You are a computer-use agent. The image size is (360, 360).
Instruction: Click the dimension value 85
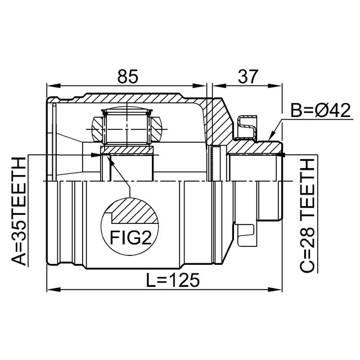click(128, 76)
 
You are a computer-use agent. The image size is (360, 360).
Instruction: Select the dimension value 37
click(248, 76)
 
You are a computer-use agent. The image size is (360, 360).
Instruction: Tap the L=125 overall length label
click(173, 280)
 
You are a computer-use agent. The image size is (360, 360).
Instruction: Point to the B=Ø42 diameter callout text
click(321, 110)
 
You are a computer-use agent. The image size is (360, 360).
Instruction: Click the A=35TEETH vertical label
click(19, 211)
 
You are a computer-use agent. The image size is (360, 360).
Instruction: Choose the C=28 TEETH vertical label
click(307, 215)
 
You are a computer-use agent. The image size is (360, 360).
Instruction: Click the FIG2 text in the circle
click(131, 237)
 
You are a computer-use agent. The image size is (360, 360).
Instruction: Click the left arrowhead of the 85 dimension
click(53, 86)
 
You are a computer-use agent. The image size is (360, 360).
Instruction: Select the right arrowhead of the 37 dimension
click(274, 86)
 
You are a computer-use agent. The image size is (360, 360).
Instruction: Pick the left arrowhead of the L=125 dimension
click(53, 289)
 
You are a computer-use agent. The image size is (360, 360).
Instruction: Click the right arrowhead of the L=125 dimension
click(274, 289)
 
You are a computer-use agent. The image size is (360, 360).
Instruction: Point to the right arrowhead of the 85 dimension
click(199, 86)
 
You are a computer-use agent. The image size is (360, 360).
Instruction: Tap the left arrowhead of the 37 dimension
click(219, 86)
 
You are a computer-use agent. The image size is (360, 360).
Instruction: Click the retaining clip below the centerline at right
click(245, 235)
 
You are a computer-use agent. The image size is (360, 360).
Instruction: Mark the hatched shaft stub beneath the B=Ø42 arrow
click(255, 147)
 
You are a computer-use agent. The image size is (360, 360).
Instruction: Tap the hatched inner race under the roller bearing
click(127, 150)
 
